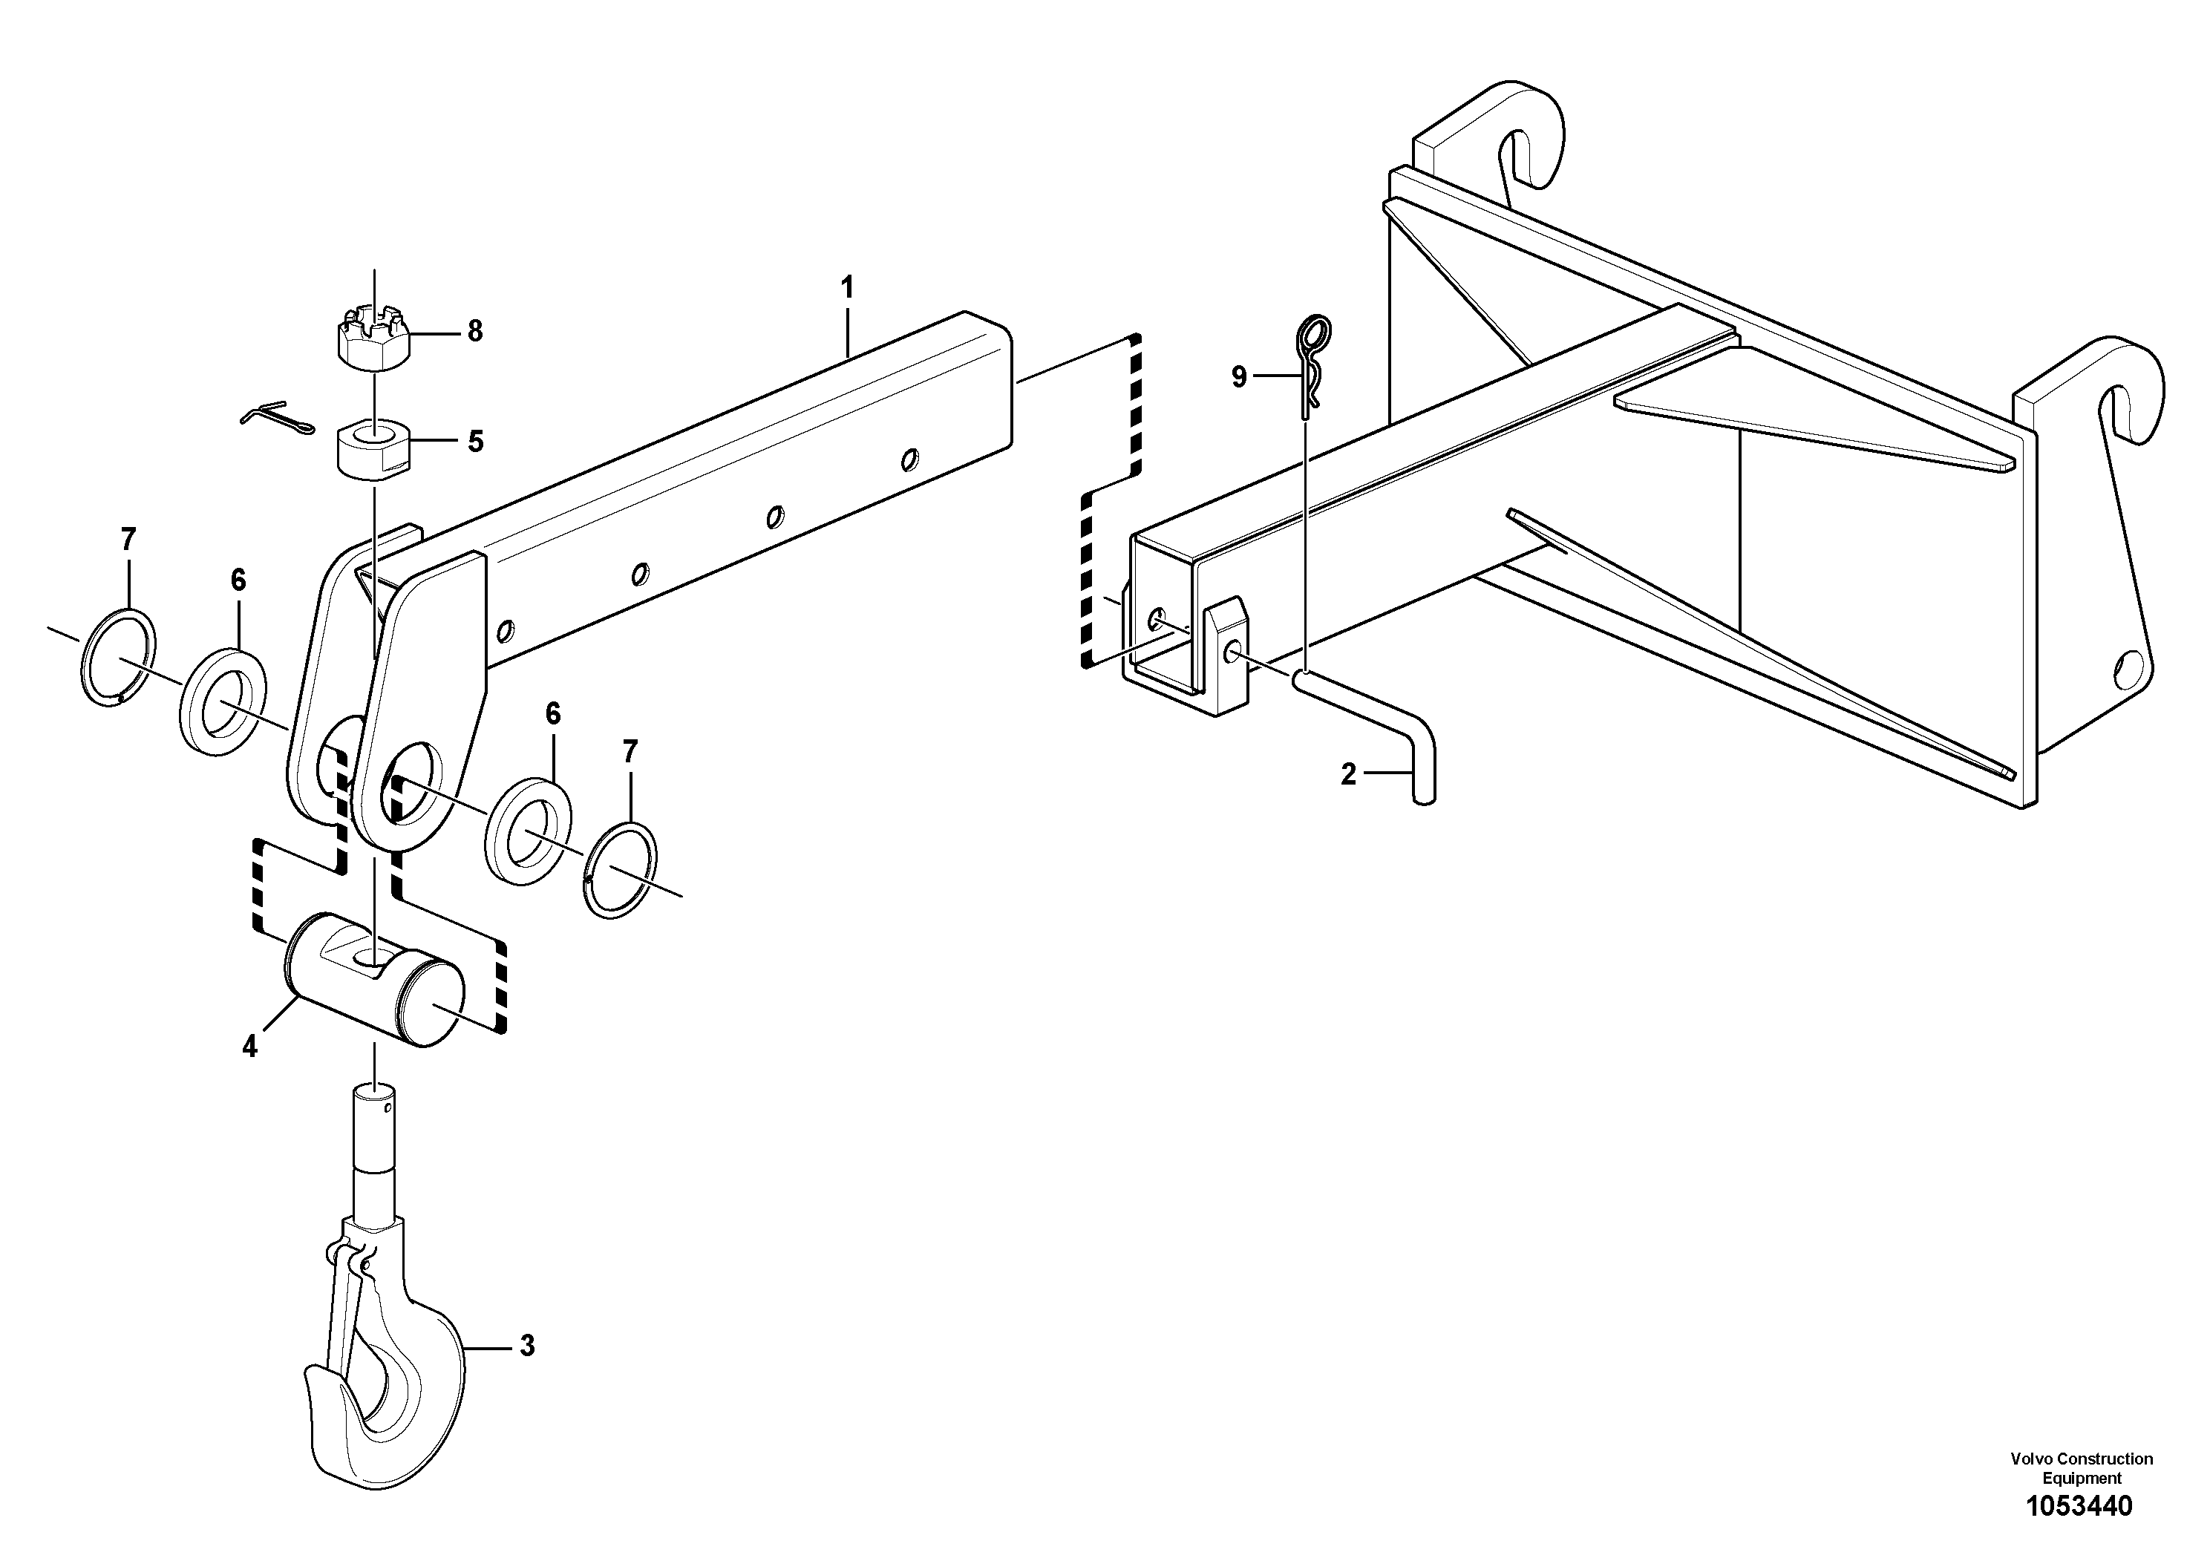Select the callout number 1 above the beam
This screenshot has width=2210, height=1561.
pyautogui.click(x=847, y=288)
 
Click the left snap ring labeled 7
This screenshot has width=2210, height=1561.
pyautogui.click(x=118, y=658)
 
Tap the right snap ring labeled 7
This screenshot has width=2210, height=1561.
pyautogui.click(x=623, y=869)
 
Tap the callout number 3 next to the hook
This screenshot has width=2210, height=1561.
pyautogui.click(x=526, y=1346)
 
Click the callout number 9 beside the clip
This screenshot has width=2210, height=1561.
pyautogui.click(x=1239, y=377)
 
